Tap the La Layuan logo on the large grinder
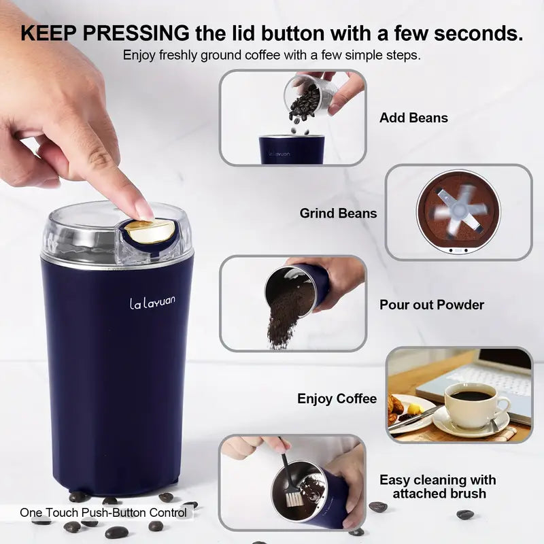pos(152,301)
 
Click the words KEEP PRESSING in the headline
pos(105,32)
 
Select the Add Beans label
pos(413,118)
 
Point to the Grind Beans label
pos(338,214)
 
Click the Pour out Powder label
pos(432,305)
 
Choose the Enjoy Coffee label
pos(337,399)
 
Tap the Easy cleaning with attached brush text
pos(437,488)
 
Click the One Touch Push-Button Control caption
pos(103,513)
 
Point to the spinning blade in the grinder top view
pos(458,211)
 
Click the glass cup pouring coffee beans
pos(313,96)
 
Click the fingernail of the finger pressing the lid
pos(144,210)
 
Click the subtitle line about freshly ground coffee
pos(272,55)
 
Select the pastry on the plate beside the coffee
pos(396,406)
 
